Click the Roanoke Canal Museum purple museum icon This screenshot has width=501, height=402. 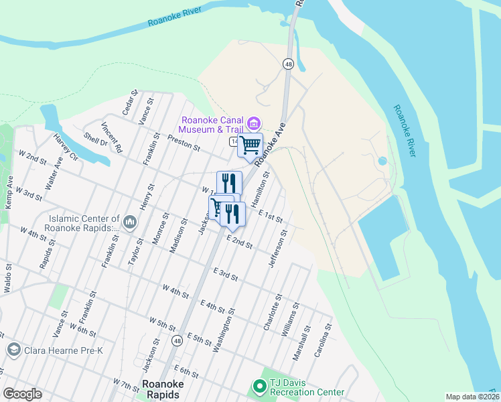253,123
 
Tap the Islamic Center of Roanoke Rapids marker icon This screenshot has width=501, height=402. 130,221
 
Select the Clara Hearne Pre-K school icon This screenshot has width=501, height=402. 13,349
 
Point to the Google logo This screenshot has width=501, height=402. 22,394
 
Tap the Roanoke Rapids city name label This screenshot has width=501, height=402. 161,389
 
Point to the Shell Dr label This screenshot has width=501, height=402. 95,138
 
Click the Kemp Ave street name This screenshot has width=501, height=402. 9,192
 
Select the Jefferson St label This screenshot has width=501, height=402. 278,249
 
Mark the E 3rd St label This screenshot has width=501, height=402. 226,274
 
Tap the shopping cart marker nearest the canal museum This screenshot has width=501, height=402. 250,144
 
